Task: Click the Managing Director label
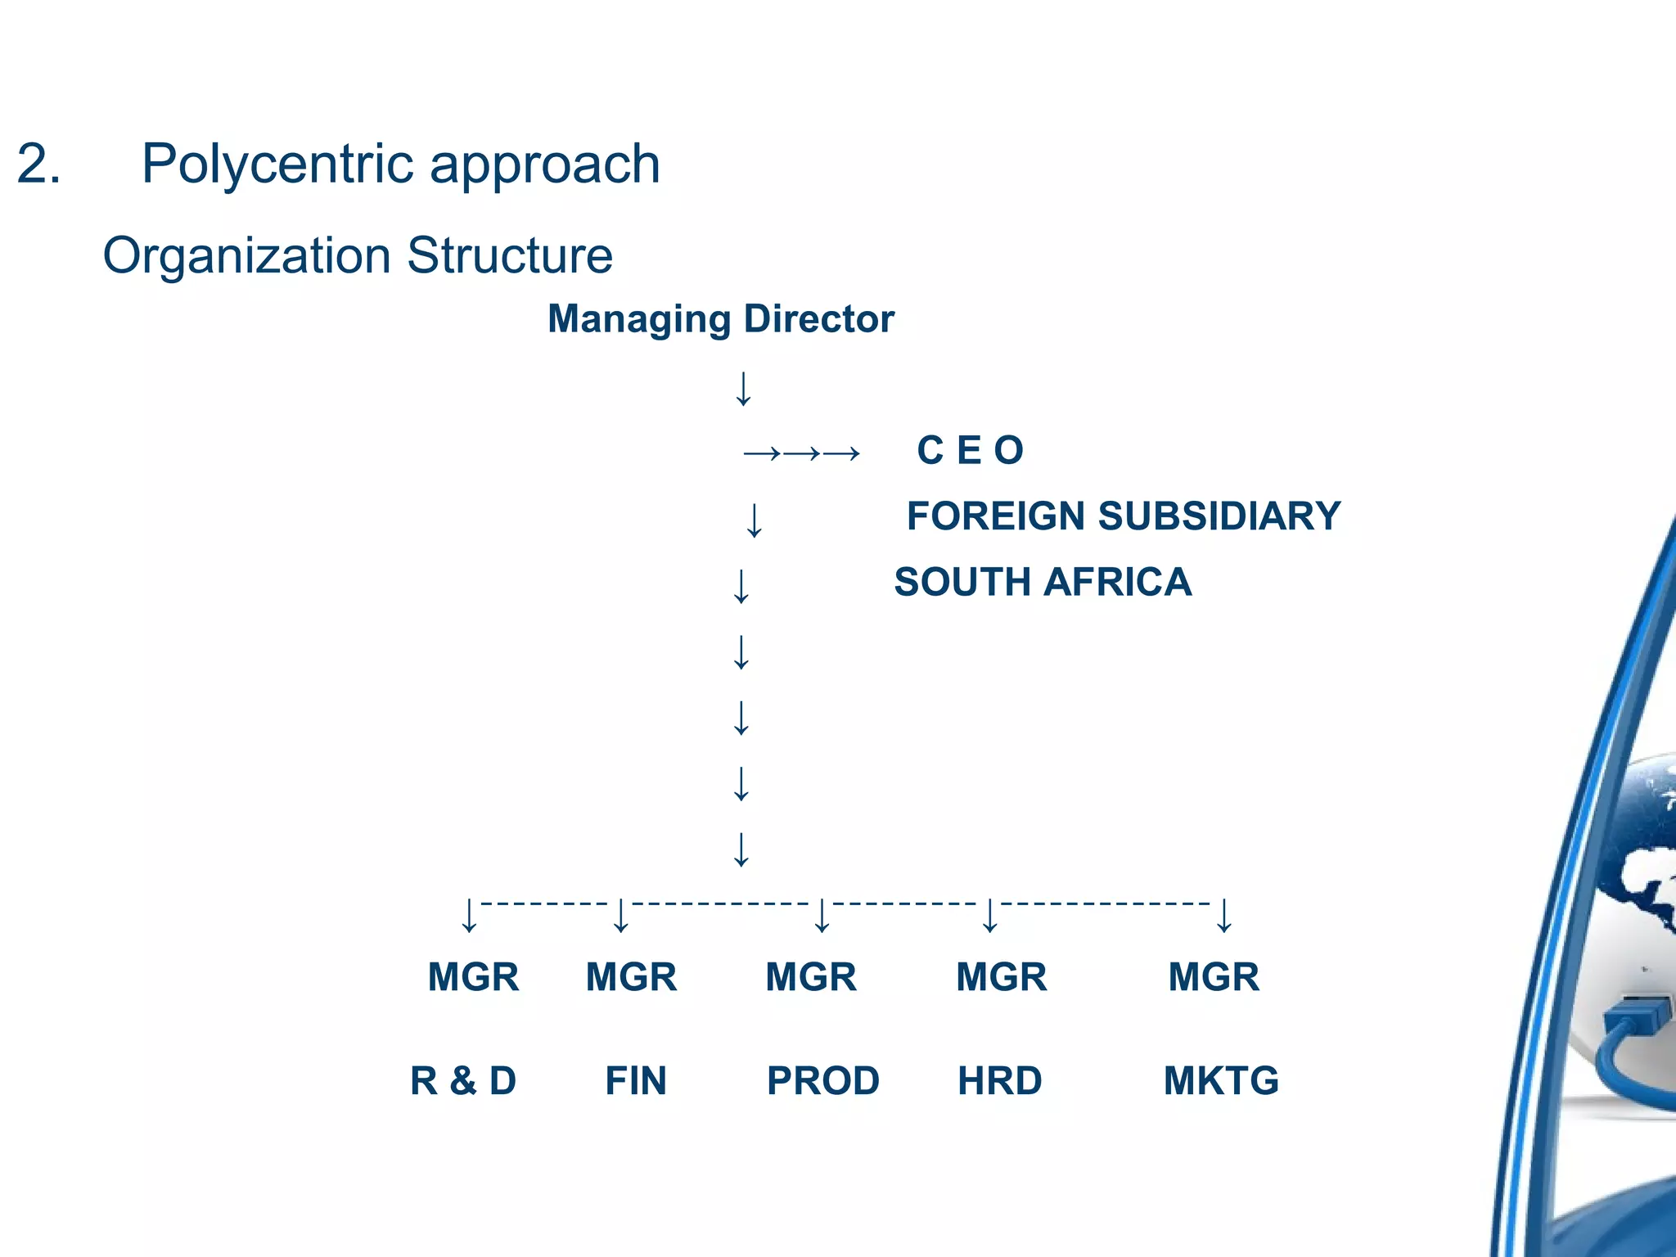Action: pos(720,318)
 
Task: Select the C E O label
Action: pos(970,450)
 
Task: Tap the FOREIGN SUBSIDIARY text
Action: pos(1123,516)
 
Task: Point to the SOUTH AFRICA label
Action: pos(1043,582)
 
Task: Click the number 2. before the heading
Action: pos(38,164)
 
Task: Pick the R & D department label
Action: pos(463,1080)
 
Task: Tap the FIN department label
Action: pos(636,1080)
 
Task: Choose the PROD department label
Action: pos(823,1080)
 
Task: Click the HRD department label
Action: pos(999,1080)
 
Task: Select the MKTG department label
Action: pos(1221,1080)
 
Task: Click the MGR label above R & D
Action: pos(473,977)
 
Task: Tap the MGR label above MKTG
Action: pos(1214,977)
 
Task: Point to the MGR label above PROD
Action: pos(811,977)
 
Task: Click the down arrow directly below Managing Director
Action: pos(743,389)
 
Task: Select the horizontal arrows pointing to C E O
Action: pos(801,453)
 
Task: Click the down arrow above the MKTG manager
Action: pos(1224,916)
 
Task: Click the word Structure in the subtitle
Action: pos(509,255)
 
